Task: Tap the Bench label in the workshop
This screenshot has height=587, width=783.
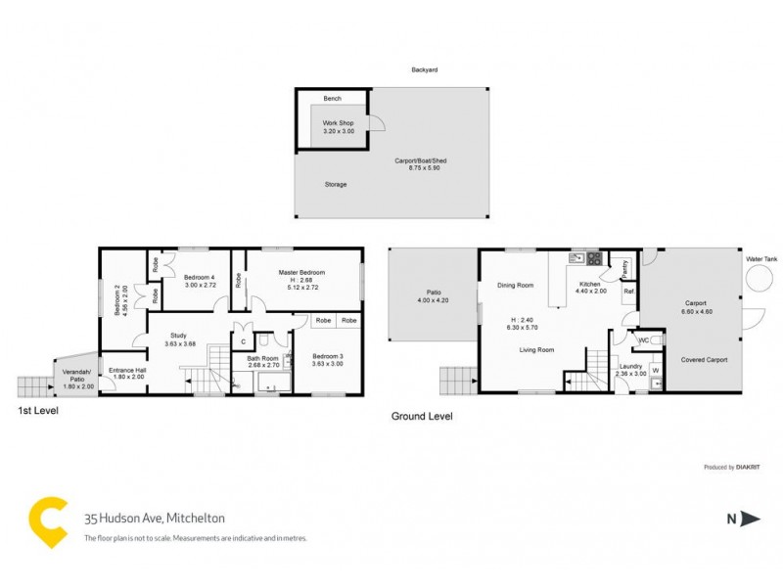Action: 333,100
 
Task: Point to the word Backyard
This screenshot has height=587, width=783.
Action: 424,70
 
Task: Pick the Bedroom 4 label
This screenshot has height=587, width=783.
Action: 199,278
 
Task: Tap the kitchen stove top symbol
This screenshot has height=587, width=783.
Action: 592,259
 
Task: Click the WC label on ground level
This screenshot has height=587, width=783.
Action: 643,340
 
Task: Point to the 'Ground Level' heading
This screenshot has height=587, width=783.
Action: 422,416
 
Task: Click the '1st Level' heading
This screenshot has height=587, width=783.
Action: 38,411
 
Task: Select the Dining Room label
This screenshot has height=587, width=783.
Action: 515,286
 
